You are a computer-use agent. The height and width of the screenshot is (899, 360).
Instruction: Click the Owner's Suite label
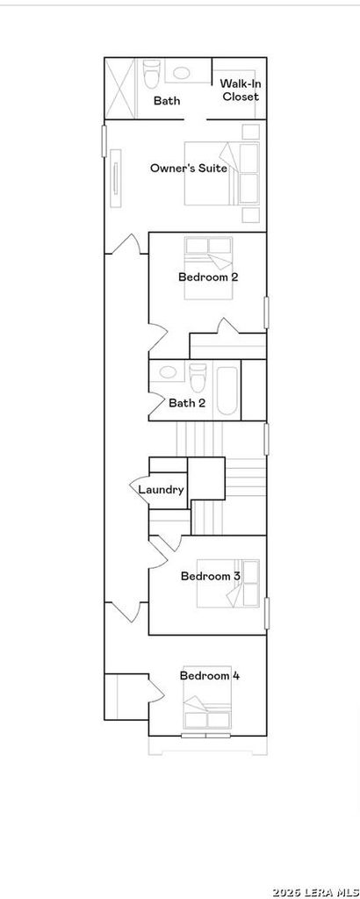tap(189, 168)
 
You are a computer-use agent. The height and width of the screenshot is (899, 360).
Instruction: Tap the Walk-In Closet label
tap(241, 90)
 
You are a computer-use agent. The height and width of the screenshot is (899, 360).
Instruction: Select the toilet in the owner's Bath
tap(151, 74)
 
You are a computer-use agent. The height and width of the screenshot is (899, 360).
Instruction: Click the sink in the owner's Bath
tap(182, 73)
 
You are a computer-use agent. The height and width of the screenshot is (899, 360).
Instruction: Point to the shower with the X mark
tap(119, 88)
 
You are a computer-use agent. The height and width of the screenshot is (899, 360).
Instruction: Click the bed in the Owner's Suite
tap(222, 173)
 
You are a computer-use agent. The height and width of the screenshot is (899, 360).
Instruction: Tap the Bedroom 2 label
tap(209, 277)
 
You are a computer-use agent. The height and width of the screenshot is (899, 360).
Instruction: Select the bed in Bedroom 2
tap(209, 268)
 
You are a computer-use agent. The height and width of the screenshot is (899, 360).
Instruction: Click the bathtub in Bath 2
tap(227, 391)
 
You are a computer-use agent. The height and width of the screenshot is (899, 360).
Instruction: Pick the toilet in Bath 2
tap(198, 377)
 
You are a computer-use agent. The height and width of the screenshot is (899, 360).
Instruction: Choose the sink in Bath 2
tap(168, 371)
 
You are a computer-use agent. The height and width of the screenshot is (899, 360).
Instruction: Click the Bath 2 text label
tap(187, 403)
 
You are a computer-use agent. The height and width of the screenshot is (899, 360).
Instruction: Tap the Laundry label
tap(161, 490)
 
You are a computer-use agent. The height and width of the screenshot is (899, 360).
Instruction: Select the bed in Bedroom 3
tap(228, 583)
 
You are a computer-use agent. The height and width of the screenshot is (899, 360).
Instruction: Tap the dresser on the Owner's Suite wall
tap(117, 178)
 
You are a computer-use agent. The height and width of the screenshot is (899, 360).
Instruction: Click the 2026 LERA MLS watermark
tap(314, 892)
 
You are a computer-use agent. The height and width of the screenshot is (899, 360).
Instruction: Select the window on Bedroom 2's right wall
tap(266, 313)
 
